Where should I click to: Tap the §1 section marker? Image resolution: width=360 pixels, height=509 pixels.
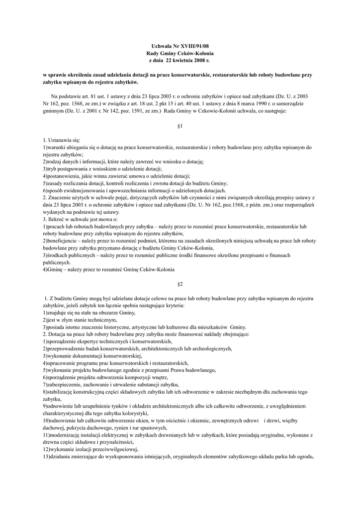[x=180, y=126]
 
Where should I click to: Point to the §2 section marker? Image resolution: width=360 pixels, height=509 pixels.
[x=180, y=284]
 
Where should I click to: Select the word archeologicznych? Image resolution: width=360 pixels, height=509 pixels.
[x=209, y=349]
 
